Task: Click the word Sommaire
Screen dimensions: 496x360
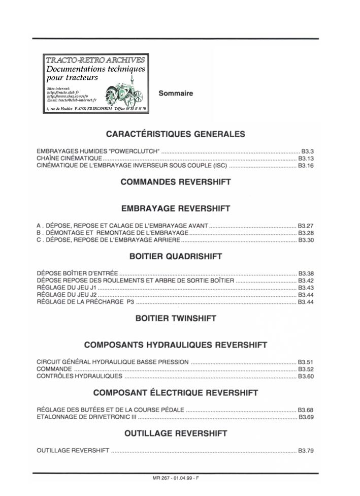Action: [x=176, y=94]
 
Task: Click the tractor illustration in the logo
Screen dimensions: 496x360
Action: [x=122, y=92]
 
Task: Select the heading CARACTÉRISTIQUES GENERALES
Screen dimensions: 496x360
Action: [x=175, y=134]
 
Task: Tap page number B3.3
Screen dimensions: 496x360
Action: [x=308, y=151]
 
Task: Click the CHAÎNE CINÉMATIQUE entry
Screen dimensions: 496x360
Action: [x=69, y=159]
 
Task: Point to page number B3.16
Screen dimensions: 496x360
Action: [x=306, y=166]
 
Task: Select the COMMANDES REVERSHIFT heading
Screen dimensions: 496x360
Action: [x=176, y=182]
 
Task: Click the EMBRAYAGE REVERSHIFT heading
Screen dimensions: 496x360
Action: [x=176, y=208]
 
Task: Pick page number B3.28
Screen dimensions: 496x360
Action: [x=306, y=233]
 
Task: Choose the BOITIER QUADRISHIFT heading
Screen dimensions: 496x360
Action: [x=176, y=257]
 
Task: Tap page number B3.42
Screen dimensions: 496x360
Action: [x=306, y=281]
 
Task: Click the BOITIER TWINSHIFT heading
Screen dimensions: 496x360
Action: [x=176, y=319]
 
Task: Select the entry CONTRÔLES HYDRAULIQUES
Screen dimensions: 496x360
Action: [x=80, y=377]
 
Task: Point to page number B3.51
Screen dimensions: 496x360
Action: [x=306, y=362]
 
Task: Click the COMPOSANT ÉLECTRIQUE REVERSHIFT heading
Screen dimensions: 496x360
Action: [x=176, y=393]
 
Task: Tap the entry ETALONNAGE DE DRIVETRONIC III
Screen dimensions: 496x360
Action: [x=87, y=417]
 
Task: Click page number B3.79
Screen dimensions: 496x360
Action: [x=306, y=451]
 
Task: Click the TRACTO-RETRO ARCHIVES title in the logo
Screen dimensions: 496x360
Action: [x=95, y=60]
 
